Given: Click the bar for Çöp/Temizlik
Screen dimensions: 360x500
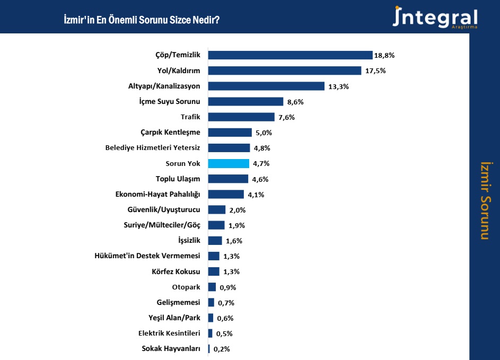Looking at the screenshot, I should tap(290, 55).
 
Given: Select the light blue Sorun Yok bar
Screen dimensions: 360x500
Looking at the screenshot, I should tap(229, 163).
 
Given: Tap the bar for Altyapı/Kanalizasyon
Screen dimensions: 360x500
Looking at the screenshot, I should tap(266, 86).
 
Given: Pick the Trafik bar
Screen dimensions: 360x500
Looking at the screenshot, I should tap(241, 117).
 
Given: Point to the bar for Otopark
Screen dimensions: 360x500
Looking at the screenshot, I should tap(212, 287).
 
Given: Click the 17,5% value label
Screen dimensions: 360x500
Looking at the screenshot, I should tap(374, 71).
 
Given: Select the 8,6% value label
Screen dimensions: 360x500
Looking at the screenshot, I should tap(296, 102).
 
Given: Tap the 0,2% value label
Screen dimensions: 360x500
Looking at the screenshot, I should tap(222, 349).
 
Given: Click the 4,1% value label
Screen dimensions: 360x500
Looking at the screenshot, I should tap(256, 195).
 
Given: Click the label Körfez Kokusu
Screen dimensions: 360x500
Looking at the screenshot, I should tap(176, 272).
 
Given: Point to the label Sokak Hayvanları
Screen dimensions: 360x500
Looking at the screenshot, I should tap(171, 349).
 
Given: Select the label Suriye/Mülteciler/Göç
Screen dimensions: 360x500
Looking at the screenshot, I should tap(162, 225).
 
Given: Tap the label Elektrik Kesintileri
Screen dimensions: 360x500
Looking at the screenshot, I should tap(169, 333).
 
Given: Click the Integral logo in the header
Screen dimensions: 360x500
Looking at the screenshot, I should tap(435, 17).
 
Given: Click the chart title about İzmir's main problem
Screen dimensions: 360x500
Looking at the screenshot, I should tap(142, 20).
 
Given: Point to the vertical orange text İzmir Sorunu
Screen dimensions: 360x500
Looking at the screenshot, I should tap(484, 200).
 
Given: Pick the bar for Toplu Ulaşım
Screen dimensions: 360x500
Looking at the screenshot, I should tap(228, 179).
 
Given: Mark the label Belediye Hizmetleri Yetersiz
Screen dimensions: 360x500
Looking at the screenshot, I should tap(153, 148).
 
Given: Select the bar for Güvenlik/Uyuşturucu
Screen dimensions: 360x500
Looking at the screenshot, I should tap(217, 210).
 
